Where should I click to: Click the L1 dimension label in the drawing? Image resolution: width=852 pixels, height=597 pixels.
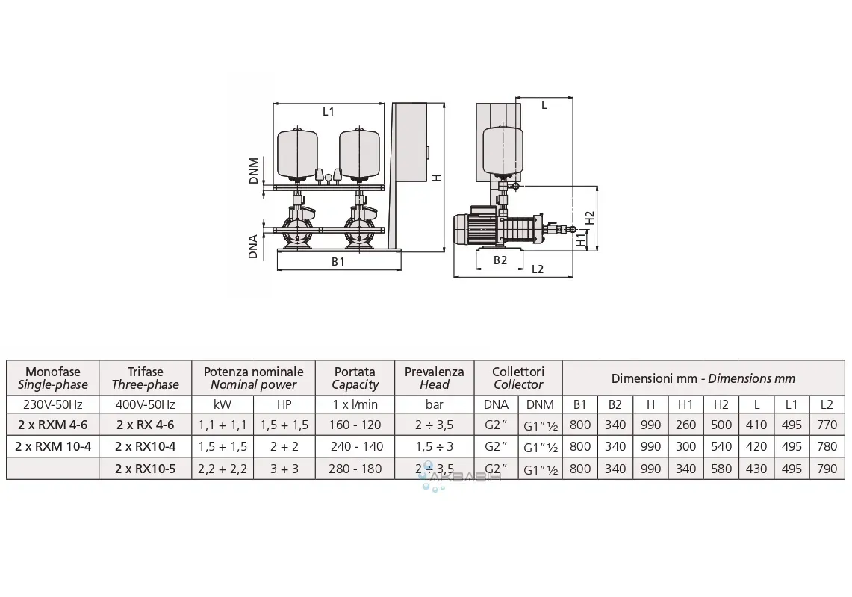pyautogui.click(x=328, y=112)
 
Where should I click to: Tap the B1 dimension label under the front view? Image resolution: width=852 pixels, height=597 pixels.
pyautogui.click(x=338, y=262)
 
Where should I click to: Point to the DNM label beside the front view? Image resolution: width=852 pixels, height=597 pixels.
pyautogui.click(x=254, y=170)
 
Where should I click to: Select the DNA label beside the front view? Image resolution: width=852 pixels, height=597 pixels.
pyautogui.click(x=254, y=246)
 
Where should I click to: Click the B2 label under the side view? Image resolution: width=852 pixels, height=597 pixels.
pyautogui.click(x=500, y=260)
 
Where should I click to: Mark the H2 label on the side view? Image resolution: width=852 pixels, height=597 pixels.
pyautogui.click(x=590, y=216)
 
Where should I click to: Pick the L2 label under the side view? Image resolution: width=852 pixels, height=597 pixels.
pyautogui.click(x=538, y=269)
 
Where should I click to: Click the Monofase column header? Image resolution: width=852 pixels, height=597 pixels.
pyautogui.click(x=52, y=378)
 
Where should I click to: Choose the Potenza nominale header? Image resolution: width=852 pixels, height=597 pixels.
pyautogui.click(x=253, y=378)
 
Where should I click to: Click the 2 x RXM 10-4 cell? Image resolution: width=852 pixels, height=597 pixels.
pyautogui.click(x=52, y=446)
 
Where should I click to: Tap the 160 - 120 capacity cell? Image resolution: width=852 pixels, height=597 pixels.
pyautogui.click(x=355, y=425)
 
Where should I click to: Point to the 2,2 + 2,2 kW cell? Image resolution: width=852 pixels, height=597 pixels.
pyautogui.click(x=223, y=469)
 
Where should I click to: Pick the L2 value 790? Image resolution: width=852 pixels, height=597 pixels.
pyautogui.click(x=827, y=469)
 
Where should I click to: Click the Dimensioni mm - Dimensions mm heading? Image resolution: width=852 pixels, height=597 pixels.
pyautogui.click(x=703, y=378)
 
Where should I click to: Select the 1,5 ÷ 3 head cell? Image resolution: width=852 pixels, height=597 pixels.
pyautogui.click(x=434, y=446)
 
